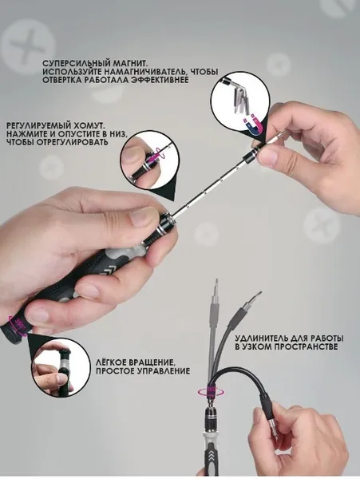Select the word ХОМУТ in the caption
point(89,126)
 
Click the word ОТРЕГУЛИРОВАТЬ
point(73,142)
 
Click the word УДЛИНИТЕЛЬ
point(261,338)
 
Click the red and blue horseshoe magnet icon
point(253,124)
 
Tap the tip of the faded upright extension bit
point(216,279)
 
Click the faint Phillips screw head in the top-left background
point(28,46)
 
